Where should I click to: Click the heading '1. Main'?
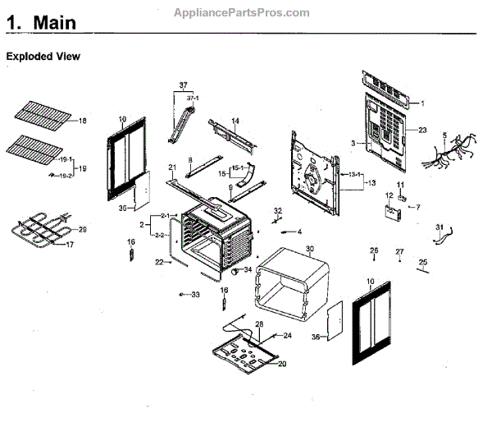click(x=42, y=24)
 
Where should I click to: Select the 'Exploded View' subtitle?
click(x=43, y=57)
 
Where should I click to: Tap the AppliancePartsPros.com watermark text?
click(x=242, y=12)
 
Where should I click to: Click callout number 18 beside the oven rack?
click(x=81, y=122)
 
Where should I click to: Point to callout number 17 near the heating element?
click(x=69, y=244)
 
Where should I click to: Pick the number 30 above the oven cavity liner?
click(x=310, y=249)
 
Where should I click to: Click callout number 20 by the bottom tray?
click(x=281, y=364)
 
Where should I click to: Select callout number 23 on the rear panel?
click(x=422, y=130)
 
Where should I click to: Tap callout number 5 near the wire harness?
click(x=444, y=135)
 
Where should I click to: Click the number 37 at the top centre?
click(x=183, y=85)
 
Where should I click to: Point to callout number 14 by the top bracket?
click(x=235, y=122)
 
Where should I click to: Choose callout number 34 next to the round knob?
click(x=248, y=269)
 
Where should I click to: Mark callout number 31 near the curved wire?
click(x=439, y=227)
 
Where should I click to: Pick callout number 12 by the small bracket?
click(x=389, y=195)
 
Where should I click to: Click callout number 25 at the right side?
click(x=423, y=263)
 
